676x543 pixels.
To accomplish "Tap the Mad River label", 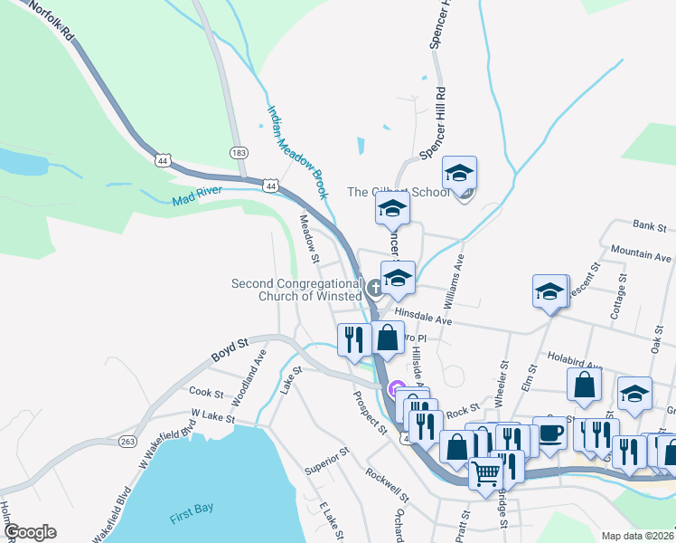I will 197,195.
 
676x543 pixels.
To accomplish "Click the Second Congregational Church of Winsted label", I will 296,290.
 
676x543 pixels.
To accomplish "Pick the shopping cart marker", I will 485,472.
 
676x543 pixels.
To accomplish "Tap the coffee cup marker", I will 549,433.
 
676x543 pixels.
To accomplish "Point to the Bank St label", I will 648,225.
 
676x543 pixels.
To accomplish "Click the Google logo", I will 30,533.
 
